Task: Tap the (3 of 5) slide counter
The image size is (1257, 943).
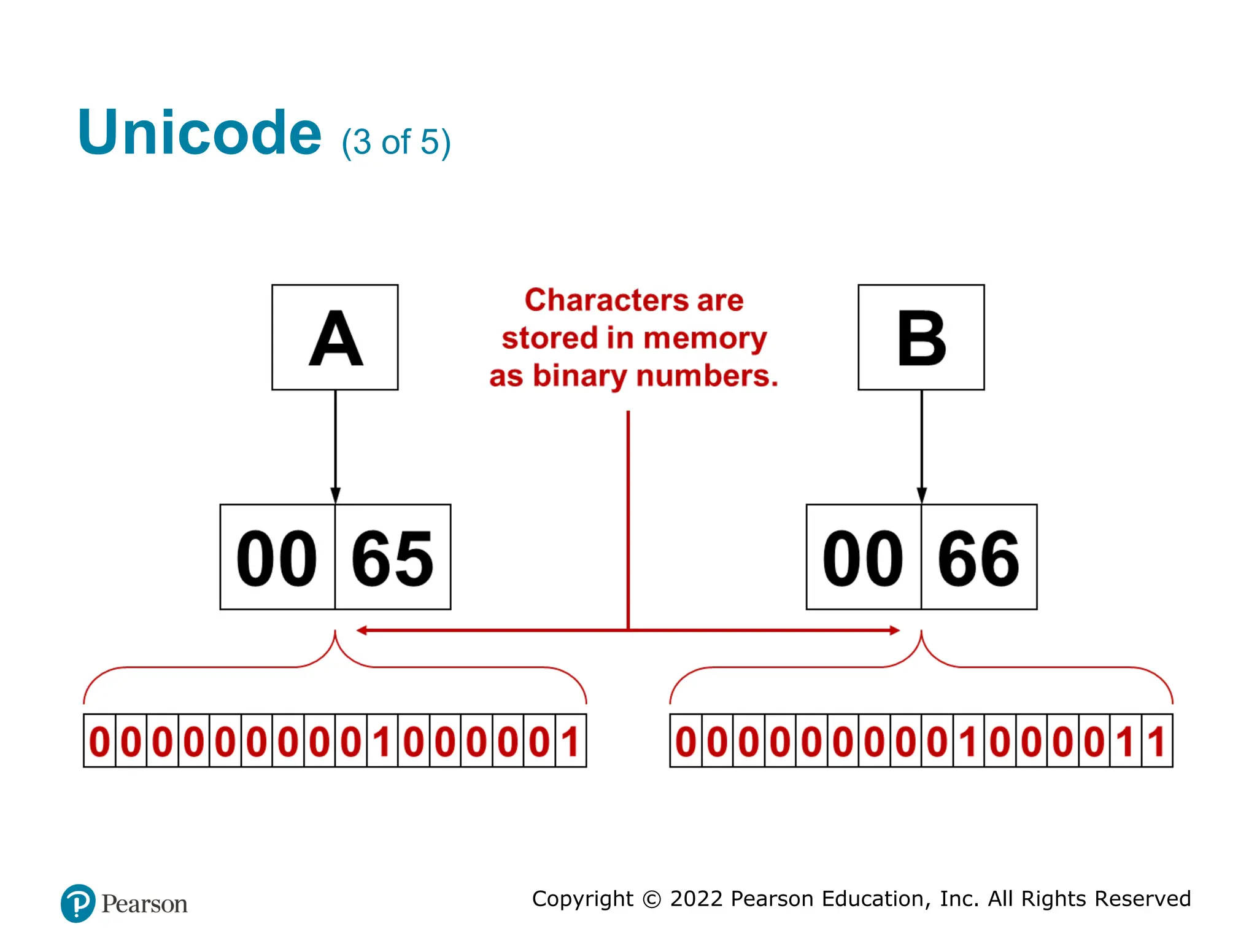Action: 396,142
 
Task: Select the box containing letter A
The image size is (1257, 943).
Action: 335,337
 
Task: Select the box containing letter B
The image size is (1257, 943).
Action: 921,337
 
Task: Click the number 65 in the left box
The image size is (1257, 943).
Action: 393,557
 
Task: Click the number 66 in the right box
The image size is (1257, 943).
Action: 979,557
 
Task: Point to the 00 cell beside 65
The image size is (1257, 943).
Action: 277,557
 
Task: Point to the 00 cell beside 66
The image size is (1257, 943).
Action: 864,557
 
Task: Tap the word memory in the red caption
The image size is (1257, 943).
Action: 705,338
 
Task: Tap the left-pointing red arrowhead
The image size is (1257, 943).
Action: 362,631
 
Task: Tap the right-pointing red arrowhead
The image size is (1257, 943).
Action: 894,631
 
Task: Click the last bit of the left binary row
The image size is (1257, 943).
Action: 571,741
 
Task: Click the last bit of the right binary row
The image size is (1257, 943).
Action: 1157,741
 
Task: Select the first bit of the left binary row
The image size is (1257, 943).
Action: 99,741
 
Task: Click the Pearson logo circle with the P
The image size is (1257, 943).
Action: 78,903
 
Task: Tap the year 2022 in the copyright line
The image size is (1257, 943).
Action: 696,899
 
